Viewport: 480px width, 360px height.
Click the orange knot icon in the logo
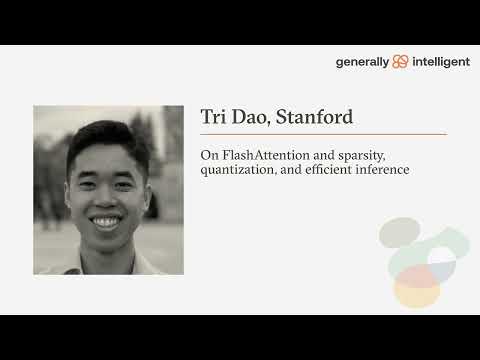tap(401, 61)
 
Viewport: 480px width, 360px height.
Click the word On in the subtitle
tap(208, 154)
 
